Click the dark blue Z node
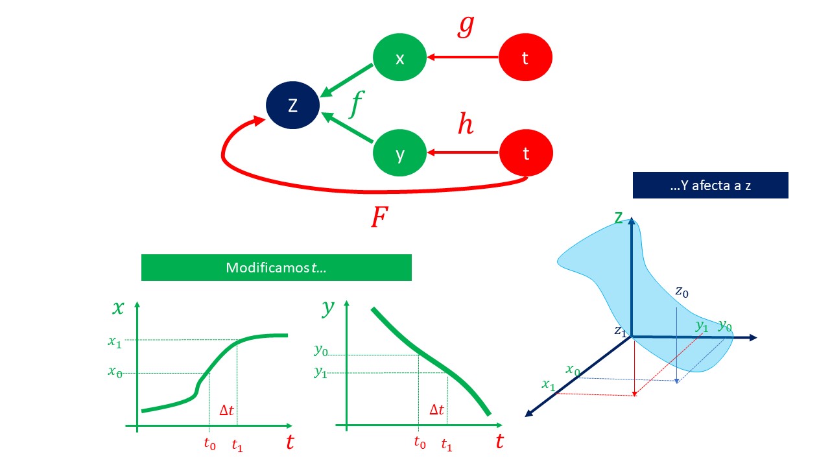[x=293, y=105]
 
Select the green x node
[x=400, y=58]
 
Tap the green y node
[x=400, y=154]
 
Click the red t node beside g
[x=525, y=58]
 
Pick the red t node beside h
[x=526, y=154]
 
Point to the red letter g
[x=466, y=26]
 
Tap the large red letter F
[x=379, y=218]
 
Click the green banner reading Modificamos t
[x=276, y=267]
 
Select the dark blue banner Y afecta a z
[x=710, y=186]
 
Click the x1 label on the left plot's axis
[x=115, y=342]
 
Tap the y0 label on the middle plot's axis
[x=321, y=351]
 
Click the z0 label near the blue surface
[x=682, y=292]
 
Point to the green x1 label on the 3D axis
[x=549, y=385]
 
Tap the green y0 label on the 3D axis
[x=724, y=326]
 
